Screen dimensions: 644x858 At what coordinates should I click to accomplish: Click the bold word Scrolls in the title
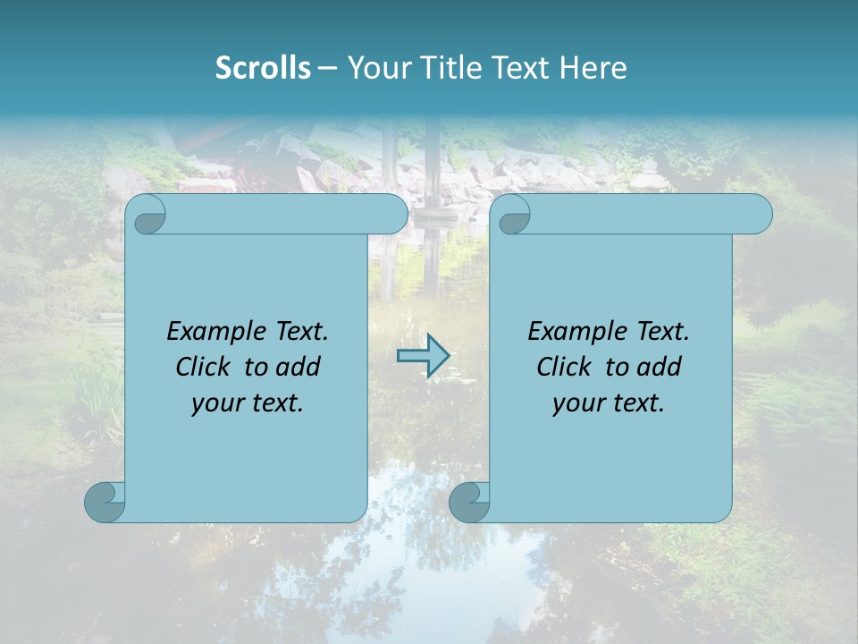[x=263, y=68]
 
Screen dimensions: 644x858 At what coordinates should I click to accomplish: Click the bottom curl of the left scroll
[x=105, y=502]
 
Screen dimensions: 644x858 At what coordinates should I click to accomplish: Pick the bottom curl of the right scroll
[x=469, y=502]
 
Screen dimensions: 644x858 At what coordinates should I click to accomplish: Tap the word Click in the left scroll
[x=202, y=367]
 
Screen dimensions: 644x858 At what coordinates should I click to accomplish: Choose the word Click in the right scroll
[x=563, y=367]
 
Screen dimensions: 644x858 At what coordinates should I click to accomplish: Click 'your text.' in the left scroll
[x=248, y=403]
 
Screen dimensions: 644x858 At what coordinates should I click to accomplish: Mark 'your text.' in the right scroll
[x=609, y=403]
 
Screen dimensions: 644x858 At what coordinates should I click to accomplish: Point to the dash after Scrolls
[x=328, y=69]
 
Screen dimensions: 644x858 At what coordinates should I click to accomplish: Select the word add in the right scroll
[x=659, y=367]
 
